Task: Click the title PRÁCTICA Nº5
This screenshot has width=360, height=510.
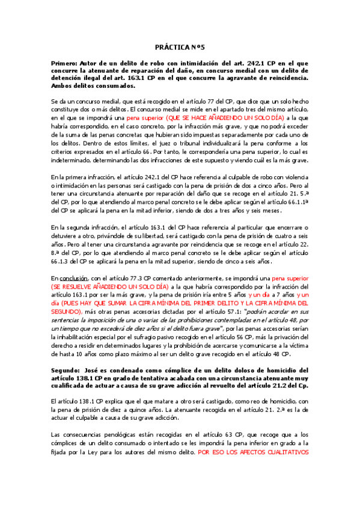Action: coord(180,47)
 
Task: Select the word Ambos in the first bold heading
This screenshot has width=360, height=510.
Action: coord(64,86)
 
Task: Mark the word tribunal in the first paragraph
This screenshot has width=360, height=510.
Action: coord(185,143)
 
